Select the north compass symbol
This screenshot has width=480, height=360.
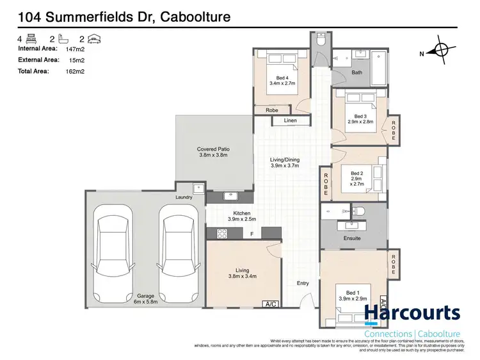[440, 53]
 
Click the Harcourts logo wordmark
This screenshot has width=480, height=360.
[412, 314]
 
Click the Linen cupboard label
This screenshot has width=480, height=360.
[290, 120]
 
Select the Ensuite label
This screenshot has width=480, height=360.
[352, 238]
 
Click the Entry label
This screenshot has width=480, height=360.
[303, 283]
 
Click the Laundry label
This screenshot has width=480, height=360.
[184, 198]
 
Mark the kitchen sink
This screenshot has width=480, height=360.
[229, 195]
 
